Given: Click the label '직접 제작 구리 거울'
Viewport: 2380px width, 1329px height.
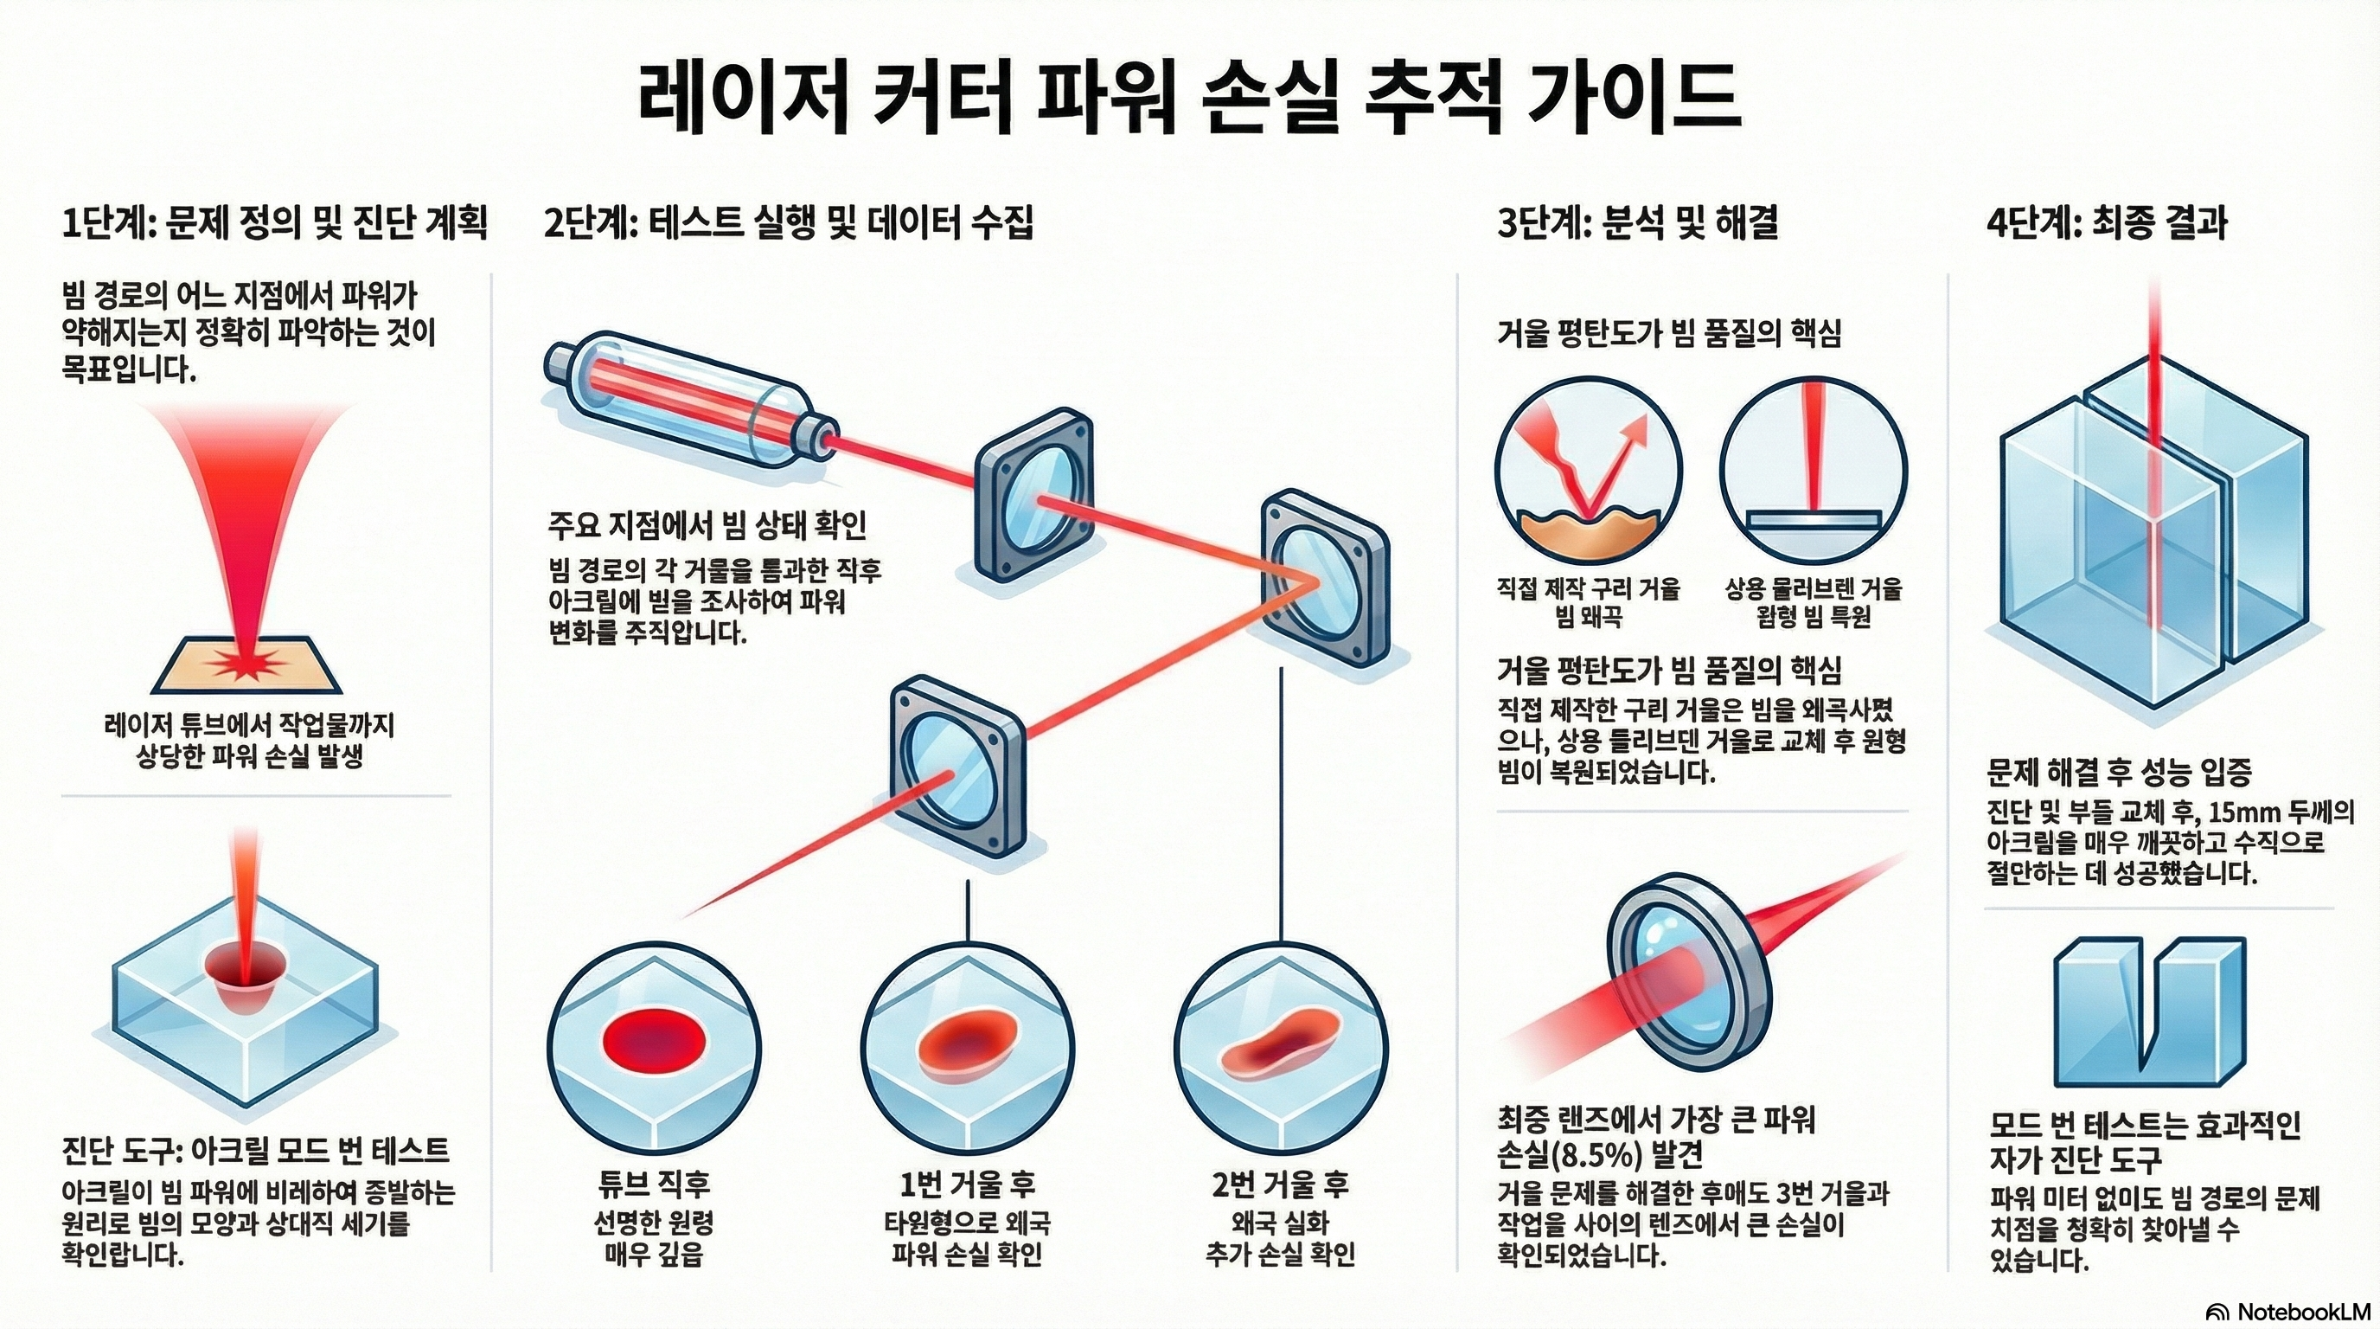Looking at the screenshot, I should pyautogui.click(x=1588, y=588).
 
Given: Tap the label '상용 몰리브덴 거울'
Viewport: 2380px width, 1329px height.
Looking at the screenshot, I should pyautogui.click(x=1814, y=588).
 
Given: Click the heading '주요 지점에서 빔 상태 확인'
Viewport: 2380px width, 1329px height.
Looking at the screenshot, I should pyautogui.click(x=707, y=526).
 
